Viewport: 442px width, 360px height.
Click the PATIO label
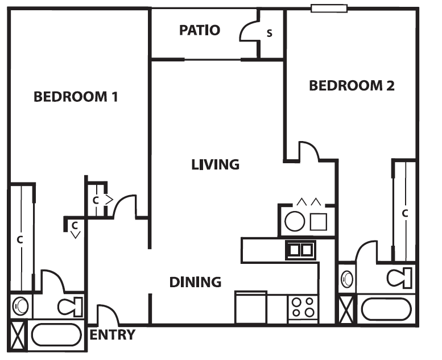pyautogui.click(x=200, y=30)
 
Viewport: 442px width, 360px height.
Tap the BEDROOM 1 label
pyautogui.click(x=76, y=96)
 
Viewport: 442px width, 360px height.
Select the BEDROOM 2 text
pyautogui.click(x=352, y=86)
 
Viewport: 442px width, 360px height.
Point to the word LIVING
pyautogui.click(x=215, y=165)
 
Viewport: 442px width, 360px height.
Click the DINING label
pyautogui.click(x=195, y=282)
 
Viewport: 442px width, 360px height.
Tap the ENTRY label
pyautogui.click(x=113, y=334)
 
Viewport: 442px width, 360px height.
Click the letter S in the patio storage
pyautogui.click(x=270, y=34)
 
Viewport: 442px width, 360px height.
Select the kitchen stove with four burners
pyautogui.click(x=302, y=308)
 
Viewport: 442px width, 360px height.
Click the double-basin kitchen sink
pyautogui.click(x=300, y=249)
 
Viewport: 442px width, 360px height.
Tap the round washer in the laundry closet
pyautogui.click(x=295, y=221)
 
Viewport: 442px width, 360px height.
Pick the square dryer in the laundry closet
pyautogui.click(x=318, y=221)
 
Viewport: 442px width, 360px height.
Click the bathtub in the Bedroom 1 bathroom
pyautogui.click(x=56, y=335)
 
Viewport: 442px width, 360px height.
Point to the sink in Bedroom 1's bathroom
pyautogui.click(x=21, y=306)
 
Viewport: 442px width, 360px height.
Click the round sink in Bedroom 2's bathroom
pyautogui.click(x=347, y=279)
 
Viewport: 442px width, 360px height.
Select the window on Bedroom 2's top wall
pyautogui.click(x=329, y=8)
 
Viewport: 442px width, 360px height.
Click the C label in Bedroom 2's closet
pyautogui.click(x=405, y=213)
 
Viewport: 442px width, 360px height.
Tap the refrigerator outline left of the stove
pyautogui.click(x=251, y=307)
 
